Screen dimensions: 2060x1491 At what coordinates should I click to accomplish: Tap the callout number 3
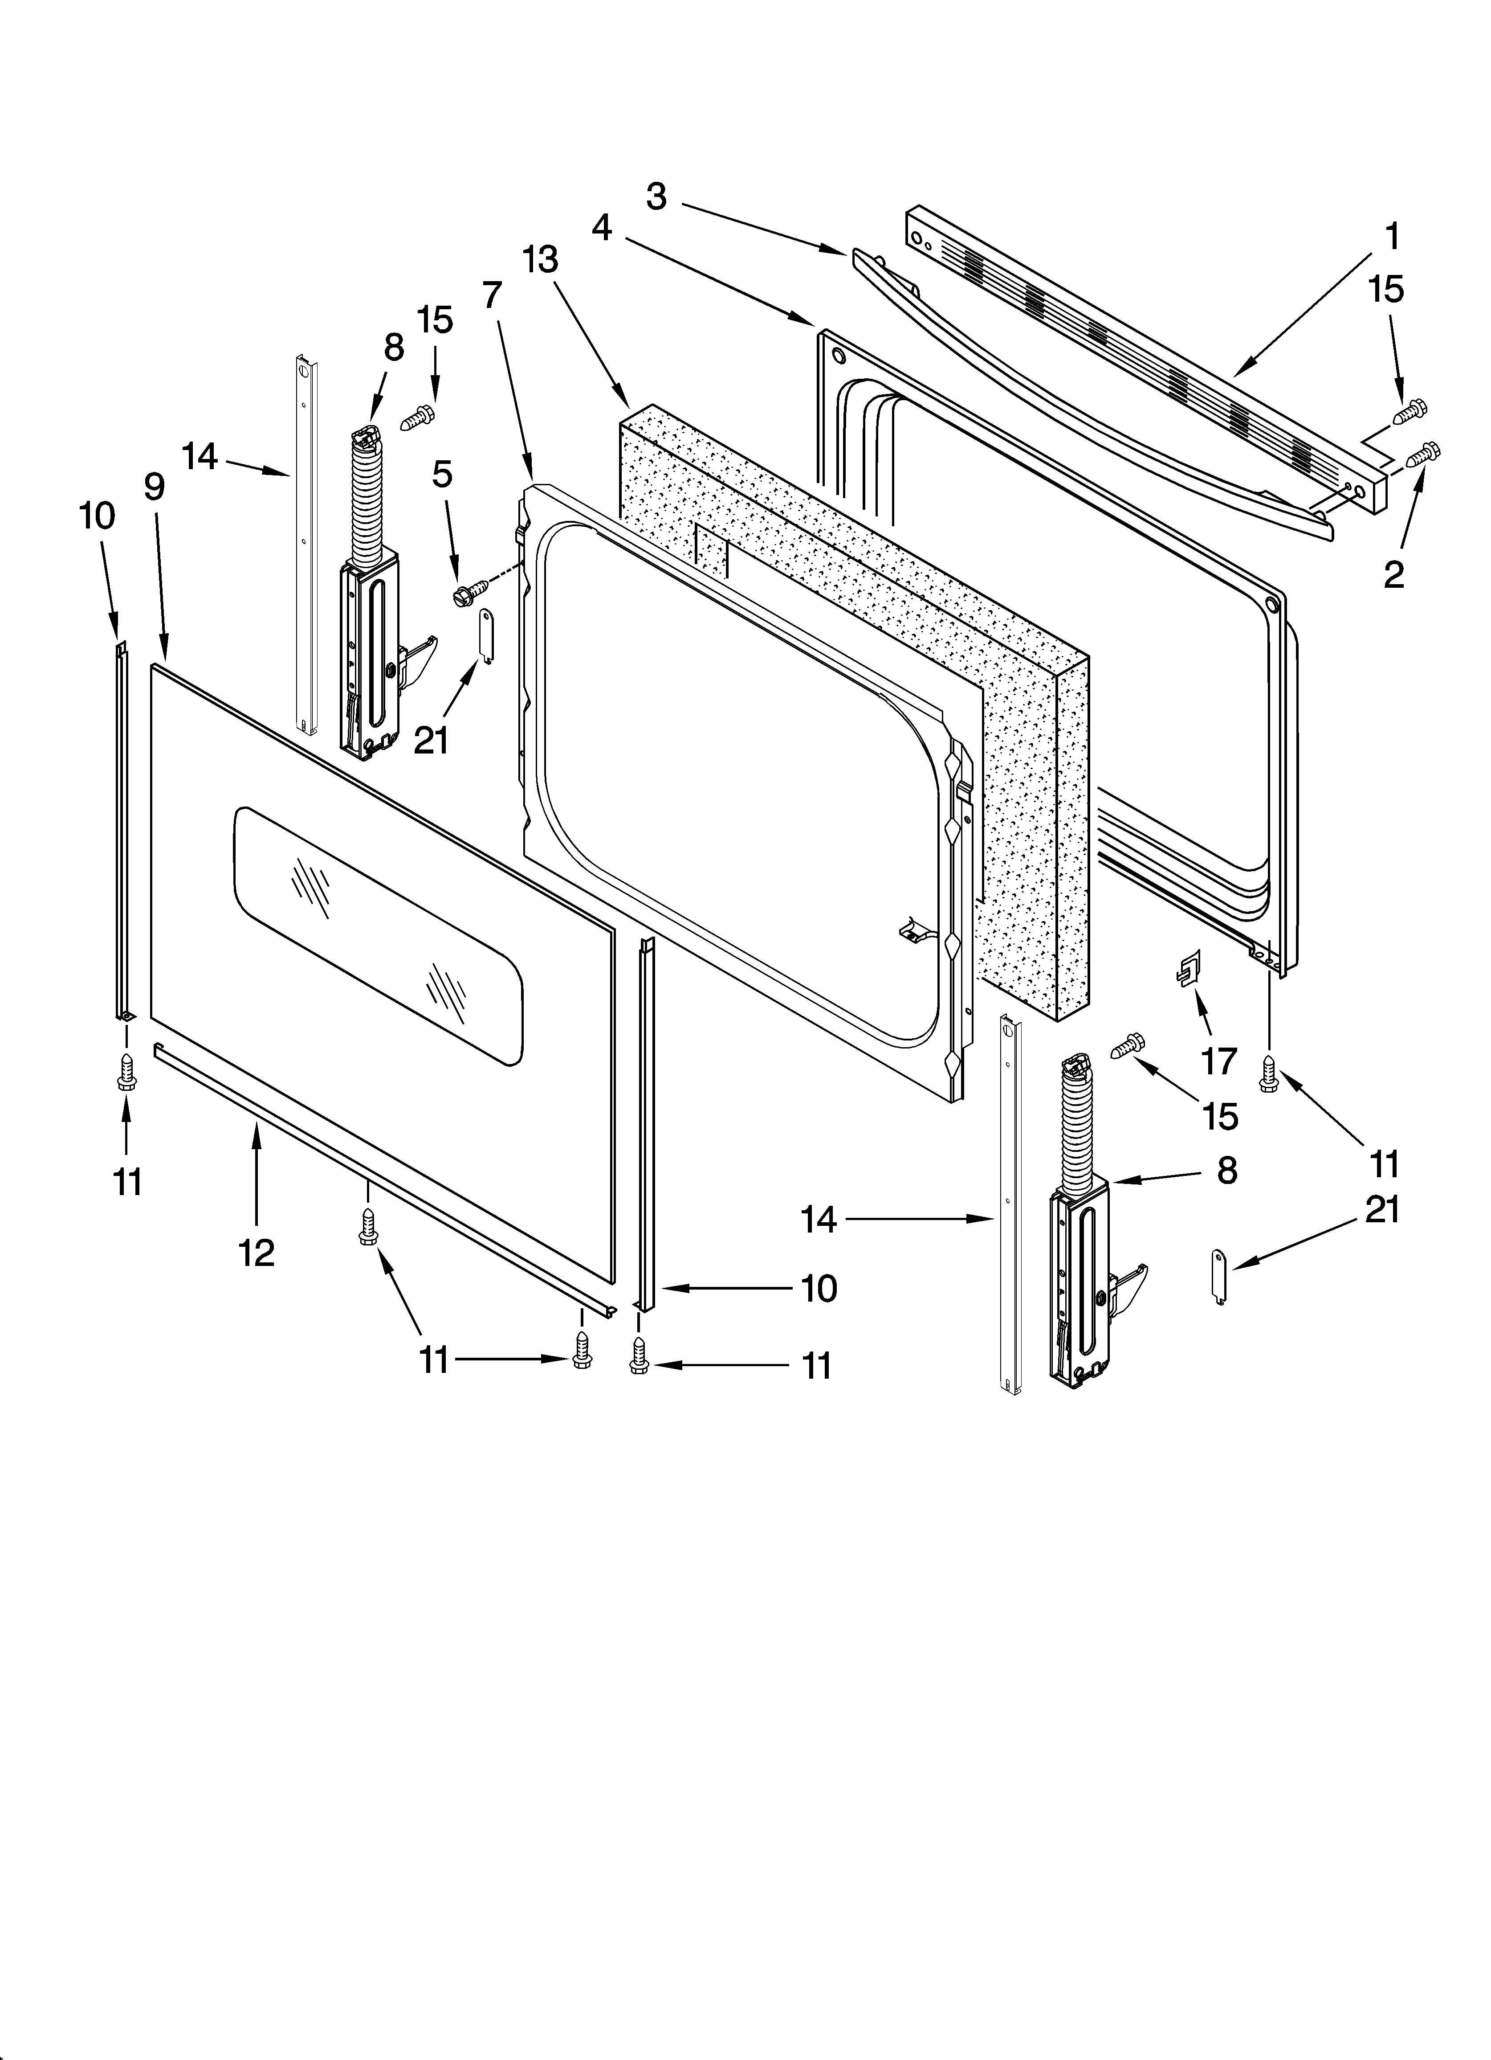[x=656, y=196]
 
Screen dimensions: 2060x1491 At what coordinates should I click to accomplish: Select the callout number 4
[x=601, y=228]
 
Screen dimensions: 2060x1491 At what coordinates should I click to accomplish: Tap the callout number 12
[x=257, y=1253]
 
